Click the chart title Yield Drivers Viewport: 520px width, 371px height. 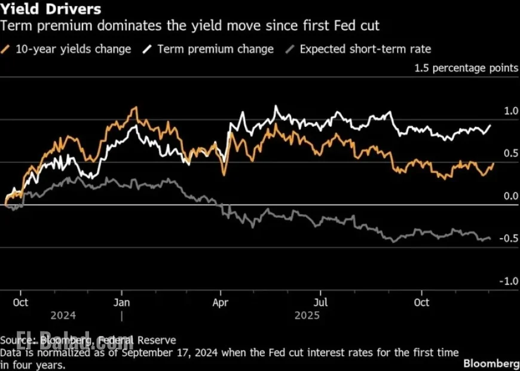point(51,10)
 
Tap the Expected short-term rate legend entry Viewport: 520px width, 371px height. point(365,49)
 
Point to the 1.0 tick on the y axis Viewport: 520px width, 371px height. point(510,111)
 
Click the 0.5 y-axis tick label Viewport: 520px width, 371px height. point(510,154)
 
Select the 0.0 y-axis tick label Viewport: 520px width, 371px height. point(510,196)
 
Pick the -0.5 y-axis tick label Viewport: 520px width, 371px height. point(509,239)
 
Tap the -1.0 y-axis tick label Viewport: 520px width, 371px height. point(509,281)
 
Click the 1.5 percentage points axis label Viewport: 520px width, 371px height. point(466,68)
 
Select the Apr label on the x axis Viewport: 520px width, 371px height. point(221,302)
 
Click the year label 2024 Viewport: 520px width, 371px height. point(63,315)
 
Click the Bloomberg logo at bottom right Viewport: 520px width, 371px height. point(491,363)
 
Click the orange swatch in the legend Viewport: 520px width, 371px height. point(6,49)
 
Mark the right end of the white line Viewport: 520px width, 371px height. point(491,125)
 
